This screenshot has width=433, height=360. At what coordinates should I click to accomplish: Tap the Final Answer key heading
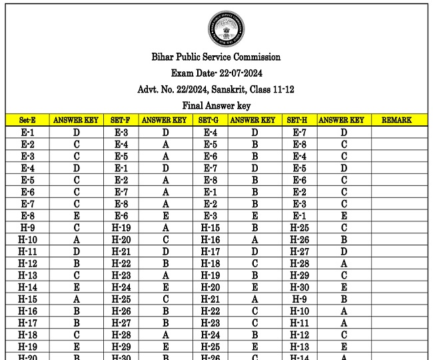pos(216,105)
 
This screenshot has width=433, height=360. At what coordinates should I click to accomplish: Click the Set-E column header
pos(27,121)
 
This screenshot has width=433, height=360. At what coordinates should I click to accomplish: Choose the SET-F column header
pos(121,121)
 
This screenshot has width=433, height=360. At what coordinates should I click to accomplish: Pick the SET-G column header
pos(210,121)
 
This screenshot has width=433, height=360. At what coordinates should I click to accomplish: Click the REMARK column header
pos(396,121)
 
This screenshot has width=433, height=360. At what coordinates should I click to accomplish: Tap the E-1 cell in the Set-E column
pos(27,133)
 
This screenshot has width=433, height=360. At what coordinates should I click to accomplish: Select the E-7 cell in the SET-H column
pos(299,133)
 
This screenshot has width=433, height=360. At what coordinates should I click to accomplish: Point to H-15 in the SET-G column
pos(210,228)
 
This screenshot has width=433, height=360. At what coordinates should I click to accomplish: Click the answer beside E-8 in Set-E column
pos(77,216)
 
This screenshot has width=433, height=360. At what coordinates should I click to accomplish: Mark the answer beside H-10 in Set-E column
pos(77,240)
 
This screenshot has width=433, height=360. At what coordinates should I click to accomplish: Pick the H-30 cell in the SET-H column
pos(299,288)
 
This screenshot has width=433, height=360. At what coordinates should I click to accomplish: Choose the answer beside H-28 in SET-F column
pos(165,335)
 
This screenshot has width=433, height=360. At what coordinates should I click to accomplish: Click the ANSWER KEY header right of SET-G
pos(253,121)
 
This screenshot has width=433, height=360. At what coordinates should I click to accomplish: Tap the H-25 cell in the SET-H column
pos(299,228)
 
